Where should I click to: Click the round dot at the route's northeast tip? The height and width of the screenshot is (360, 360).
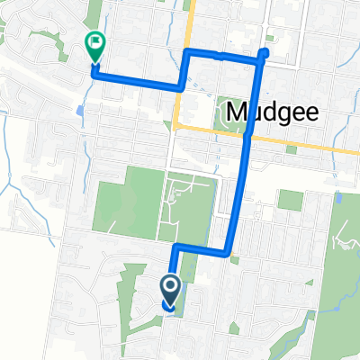(265, 54)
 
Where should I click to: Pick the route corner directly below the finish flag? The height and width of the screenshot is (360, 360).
(94, 75)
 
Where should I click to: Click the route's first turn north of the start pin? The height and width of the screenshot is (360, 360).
(175, 246)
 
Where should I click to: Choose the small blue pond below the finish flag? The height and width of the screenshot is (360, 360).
(82, 112)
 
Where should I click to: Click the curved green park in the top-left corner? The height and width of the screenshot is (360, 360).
(41, 40)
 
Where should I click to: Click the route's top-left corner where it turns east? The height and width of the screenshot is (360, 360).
(187, 54)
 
